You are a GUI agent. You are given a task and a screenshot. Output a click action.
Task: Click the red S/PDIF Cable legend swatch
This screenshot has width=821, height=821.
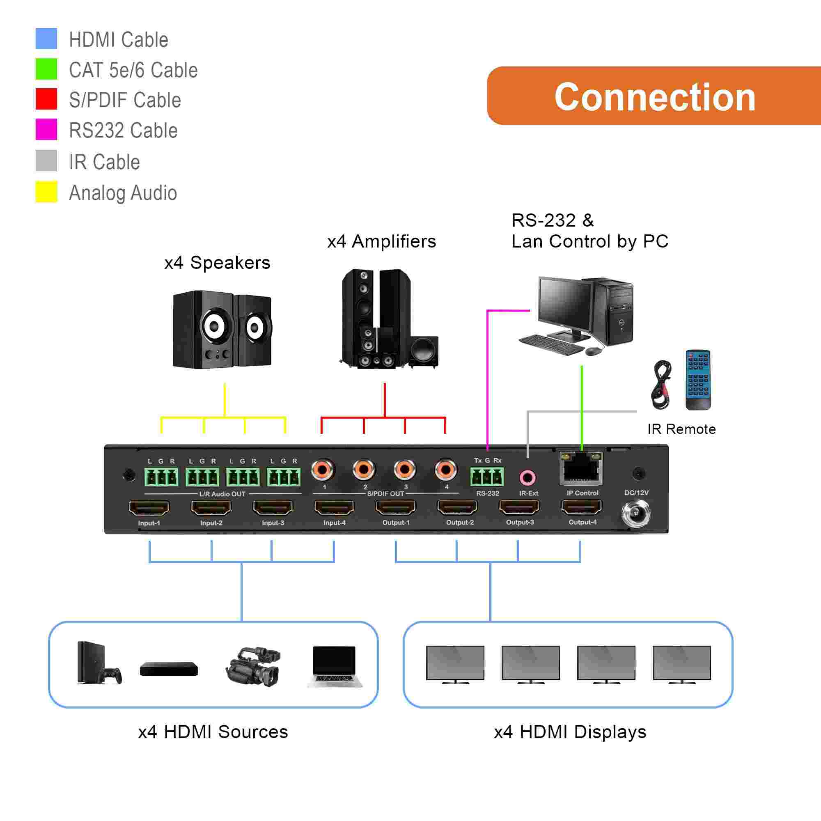pos(46,99)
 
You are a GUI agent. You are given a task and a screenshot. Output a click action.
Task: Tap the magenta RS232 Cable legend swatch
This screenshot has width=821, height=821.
pos(46,129)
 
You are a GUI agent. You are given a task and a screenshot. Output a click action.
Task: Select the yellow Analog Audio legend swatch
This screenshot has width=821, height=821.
pos(46,192)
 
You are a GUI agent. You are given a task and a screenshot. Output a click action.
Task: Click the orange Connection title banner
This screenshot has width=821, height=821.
pos(654,96)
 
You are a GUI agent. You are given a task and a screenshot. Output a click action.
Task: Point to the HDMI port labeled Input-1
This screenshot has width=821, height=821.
pos(149,508)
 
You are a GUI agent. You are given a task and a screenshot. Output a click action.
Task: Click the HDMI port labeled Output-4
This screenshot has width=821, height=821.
pos(581,507)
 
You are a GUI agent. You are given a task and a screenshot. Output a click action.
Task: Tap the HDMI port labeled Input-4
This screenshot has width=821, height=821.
pos(334,507)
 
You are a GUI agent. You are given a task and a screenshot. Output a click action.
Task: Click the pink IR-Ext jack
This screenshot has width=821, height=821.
pos(527,477)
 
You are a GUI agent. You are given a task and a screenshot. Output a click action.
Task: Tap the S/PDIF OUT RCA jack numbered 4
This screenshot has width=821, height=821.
pos(445,470)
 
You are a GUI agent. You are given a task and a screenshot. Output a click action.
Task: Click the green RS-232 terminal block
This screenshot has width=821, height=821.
pos(487,477)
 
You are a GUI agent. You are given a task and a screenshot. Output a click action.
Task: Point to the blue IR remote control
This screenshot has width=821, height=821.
pos(698,380)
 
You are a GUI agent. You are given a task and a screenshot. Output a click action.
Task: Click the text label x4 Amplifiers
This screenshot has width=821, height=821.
pos(382,241)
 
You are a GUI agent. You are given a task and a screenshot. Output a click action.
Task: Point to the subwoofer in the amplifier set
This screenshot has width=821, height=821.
pos(423,351)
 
